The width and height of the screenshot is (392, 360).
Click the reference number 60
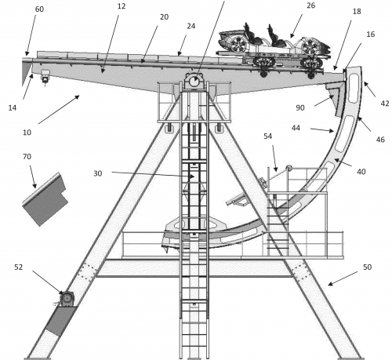coord(39,9)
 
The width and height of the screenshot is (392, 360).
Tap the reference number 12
coord(122,6)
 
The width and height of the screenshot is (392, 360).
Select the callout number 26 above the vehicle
coord(310,5)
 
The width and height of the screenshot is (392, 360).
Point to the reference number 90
coord(300,107)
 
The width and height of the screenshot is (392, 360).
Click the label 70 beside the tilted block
coord(27,157)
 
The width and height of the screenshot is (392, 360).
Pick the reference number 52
coord(19,267)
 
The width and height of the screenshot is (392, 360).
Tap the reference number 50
coord(367,267)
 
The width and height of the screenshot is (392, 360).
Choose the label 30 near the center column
coord(98,173)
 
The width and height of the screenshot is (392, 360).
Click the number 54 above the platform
coord(267,136)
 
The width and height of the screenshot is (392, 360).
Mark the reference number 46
coord(380,140)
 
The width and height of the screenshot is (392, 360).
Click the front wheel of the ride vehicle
coord(310,46)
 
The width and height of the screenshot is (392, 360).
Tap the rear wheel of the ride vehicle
coord(238,43)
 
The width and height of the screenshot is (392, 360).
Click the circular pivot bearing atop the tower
coord(194,82)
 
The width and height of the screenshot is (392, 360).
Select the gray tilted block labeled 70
coord(45,199)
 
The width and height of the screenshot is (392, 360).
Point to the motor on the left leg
coord(67,298)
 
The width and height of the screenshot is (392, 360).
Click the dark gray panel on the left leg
coord(61,321)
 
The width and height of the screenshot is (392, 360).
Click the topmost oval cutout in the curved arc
coord(354,87)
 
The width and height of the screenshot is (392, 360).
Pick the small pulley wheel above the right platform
coord(289,168)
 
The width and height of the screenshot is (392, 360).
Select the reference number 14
coord(13,107)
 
